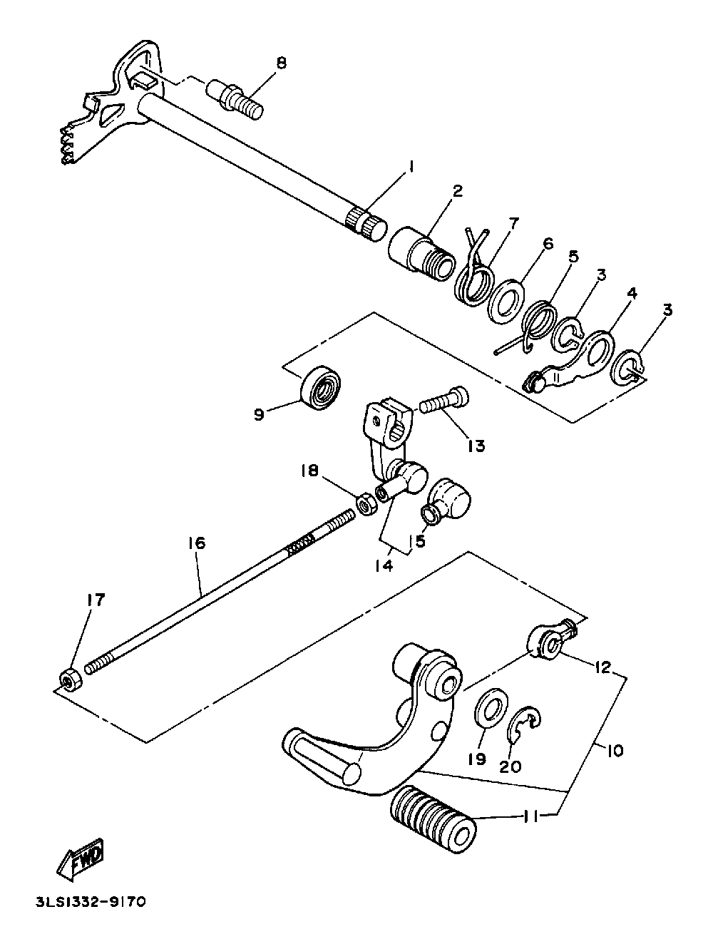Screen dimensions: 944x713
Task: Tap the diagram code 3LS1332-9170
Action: click(90, 902)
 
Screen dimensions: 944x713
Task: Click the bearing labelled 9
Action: click(322, 388)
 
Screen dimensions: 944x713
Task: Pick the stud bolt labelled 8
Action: click(236, 97)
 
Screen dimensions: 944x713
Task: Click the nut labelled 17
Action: click(70, 679)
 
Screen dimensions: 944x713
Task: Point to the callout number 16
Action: click(197, 543)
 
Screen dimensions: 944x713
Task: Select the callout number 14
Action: click(384, 565)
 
